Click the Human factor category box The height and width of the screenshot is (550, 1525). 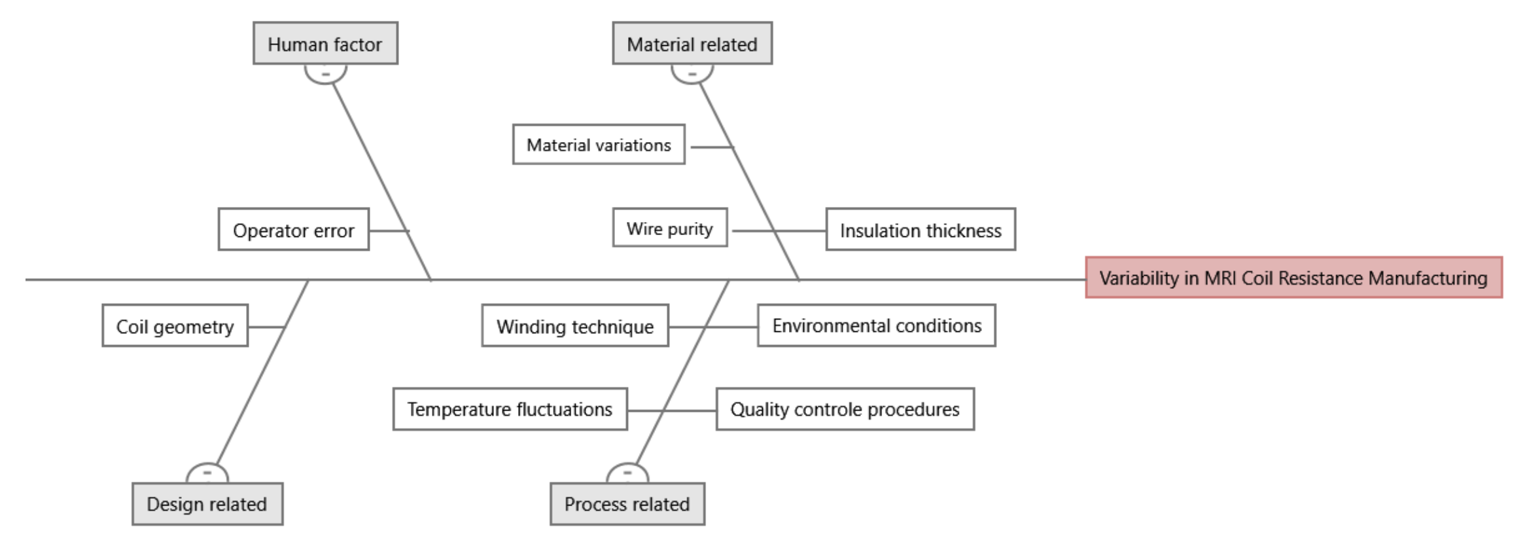tap(325, 44)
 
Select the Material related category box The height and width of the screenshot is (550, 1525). tap(692, 44)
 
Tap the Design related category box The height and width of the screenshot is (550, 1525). tap(207, 504)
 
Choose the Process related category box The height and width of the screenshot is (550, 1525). tap(627, 504)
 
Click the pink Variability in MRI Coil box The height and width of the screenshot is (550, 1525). tap(1293, 278)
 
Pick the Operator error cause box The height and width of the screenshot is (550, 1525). tap(293, 230)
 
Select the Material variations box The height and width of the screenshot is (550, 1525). tap(598, 145)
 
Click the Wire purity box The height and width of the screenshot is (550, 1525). tap(669, 229)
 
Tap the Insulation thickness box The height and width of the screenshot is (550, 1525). tap(920, 230)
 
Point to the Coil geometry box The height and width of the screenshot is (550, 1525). tap(175, 326)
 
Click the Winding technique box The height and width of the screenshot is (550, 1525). tap(574, 326)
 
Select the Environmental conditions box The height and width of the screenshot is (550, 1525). tap(876, 325)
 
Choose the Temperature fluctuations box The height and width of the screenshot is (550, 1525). tap(510, 409)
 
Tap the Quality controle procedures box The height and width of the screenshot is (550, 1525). tap(844, 409)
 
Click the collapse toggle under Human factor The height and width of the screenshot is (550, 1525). tap(325, 73)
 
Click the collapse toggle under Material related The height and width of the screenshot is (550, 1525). tap(692, 73)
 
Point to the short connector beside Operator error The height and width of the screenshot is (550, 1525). tap(389, 230)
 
